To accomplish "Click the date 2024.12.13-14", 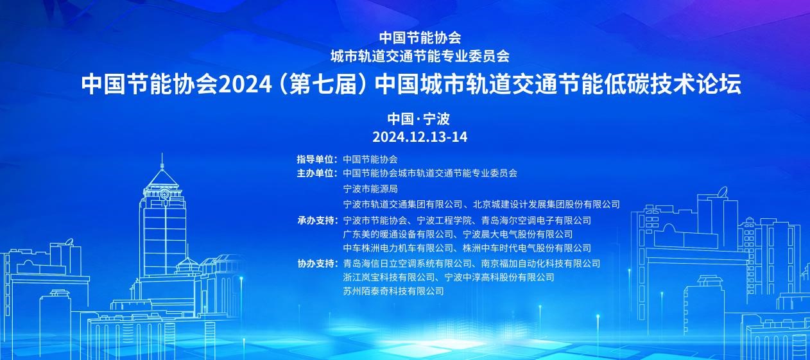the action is [420, 137].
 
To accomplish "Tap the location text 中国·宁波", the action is [418, 119].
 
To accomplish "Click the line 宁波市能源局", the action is [370, 189].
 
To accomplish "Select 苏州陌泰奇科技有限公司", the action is [393, 291].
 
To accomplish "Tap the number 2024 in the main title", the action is [246, 84].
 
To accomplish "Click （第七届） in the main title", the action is [323, 84].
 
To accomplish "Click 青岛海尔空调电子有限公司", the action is [537, 220].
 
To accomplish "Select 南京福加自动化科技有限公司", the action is [540, 264].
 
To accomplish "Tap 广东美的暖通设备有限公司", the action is [398, 234].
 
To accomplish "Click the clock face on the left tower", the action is [164, 194].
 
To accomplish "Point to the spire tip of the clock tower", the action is [162, 153].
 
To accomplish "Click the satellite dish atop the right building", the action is [723, 192].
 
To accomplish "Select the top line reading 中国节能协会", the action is [420, 38].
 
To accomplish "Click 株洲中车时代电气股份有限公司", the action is [527, 248].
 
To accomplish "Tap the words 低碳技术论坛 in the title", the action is [672, 84].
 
